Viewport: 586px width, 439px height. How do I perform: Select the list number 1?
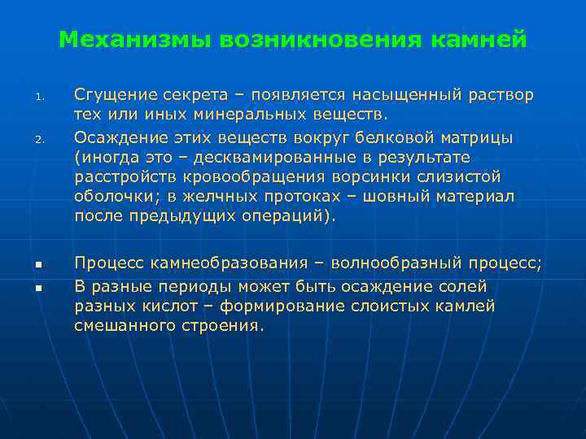click(x=37, y=99)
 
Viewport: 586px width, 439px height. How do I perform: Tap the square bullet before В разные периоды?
click(x=37, y=288)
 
